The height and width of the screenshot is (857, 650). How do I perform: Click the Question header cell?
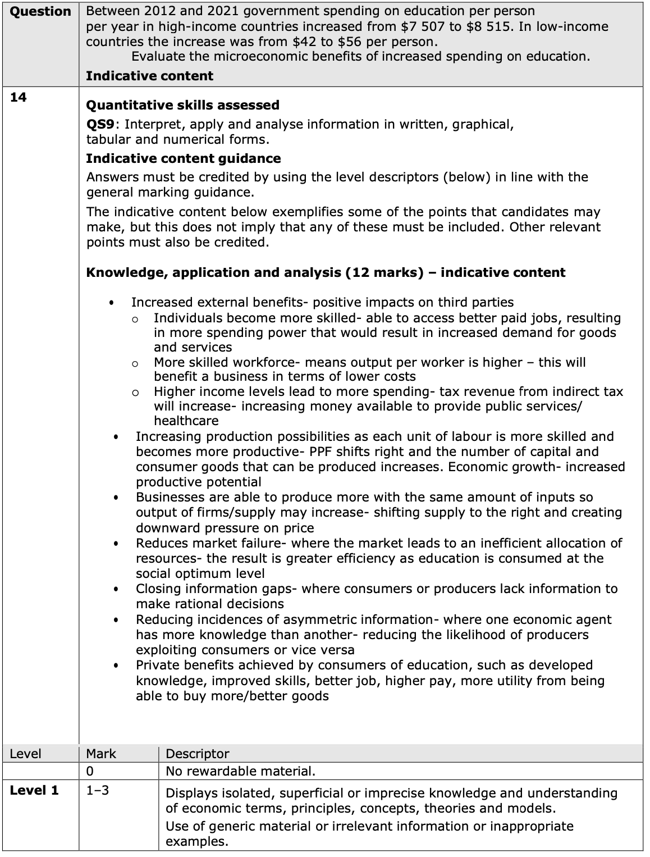pos(40,12)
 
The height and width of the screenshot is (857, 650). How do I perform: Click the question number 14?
pos(18,97)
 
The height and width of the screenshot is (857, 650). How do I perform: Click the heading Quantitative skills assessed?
pos(182,105)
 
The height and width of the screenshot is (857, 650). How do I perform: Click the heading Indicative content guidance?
pos(183,158)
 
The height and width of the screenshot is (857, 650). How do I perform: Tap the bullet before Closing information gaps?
pos(116,590)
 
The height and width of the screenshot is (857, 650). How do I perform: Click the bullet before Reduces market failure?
pos(116,544)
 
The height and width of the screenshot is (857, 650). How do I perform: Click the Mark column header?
pos(101,754)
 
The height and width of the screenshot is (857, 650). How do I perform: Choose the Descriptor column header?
pos(198,754)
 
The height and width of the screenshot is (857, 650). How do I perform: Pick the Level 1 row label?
pos(34,790)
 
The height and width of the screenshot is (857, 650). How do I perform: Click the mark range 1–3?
pos(98,791)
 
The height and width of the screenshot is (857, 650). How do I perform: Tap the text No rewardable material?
pos(240,771)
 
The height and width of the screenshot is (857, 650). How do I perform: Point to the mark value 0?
pos(90,771)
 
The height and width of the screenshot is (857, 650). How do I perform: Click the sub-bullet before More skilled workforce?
pos(135,364)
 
